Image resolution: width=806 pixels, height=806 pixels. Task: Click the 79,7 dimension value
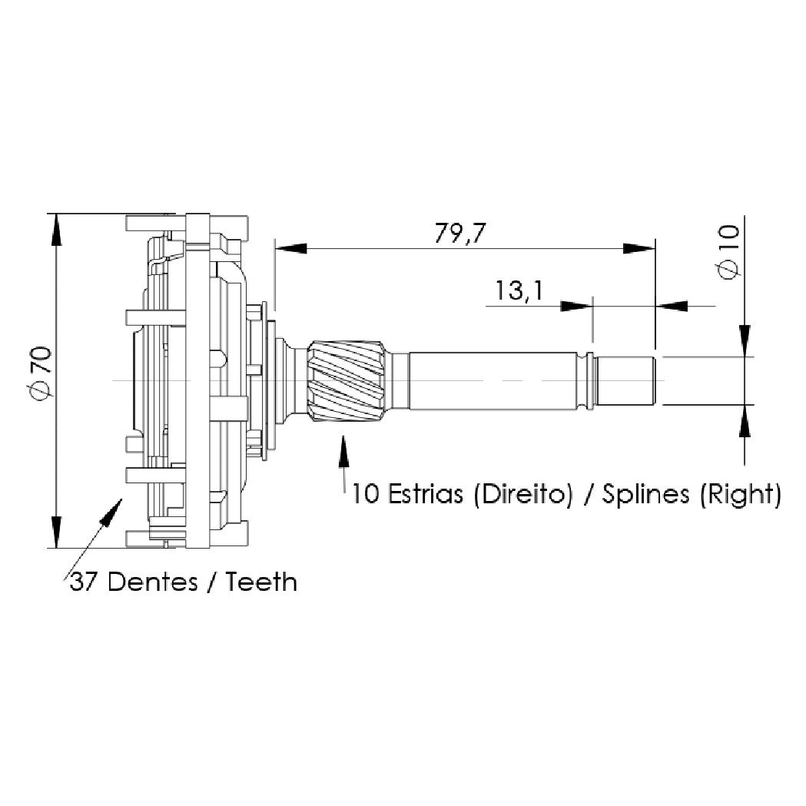tap(459, 234)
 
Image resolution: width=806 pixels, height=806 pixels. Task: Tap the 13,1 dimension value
tap(519, 290)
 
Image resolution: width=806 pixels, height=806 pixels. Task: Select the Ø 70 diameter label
tap(41, 373)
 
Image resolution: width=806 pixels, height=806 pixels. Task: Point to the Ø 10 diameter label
tap(728, 252)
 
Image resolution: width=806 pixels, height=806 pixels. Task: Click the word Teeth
tap(262, 582)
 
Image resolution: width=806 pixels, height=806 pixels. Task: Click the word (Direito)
tap(522, 495)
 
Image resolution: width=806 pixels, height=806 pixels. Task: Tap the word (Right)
tap(741, 495)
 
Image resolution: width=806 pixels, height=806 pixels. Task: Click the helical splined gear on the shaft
tap(347, 381)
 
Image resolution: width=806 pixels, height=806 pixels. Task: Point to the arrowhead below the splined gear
tap(343, 451)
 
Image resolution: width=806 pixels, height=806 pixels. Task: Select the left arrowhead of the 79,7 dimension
tap(291, 248)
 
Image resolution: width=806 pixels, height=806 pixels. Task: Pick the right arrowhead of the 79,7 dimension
tap(639, 248)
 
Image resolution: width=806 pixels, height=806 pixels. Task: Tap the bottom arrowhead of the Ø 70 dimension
tap(56, 532)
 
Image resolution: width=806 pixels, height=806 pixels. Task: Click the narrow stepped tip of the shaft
tap(624, 381)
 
